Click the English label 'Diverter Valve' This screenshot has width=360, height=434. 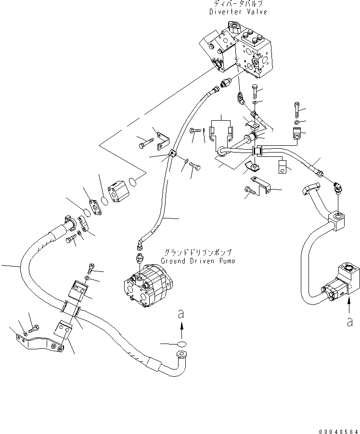pos(238,12)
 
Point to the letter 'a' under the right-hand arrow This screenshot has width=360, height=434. pos(349,323)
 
